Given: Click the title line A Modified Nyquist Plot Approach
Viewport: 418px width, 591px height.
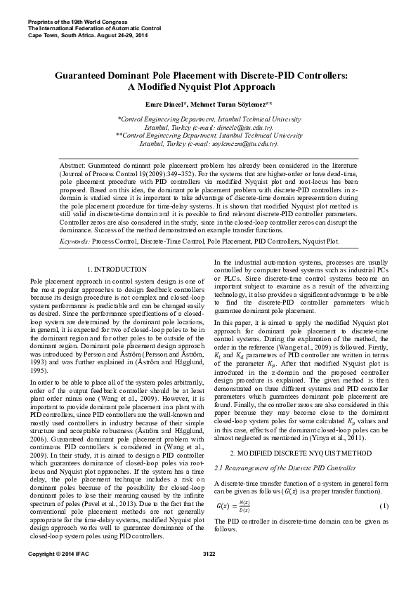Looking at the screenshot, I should point(209,88).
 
